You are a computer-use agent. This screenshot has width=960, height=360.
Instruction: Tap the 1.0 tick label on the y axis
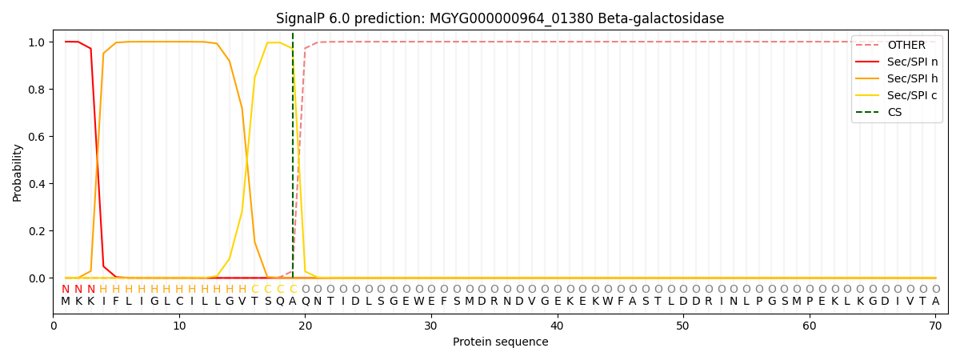[x=37, y=42]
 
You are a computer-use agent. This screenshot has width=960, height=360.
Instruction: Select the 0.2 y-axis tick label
[x=37, y=231]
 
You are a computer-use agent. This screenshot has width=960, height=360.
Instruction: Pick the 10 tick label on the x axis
[x=179, y=326]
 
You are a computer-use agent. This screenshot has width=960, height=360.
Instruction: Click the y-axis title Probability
[x=17, y=173]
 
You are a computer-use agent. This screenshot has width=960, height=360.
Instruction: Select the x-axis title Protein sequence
[x=501, y=342]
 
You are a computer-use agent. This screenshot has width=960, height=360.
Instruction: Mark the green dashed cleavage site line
[x=293, y=155]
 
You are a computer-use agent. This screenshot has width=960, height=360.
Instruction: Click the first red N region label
[x=65, y=290]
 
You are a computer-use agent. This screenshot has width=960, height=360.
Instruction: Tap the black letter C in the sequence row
[x=179, y=302]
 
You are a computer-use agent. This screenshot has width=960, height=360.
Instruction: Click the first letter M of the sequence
[x=65, y=302]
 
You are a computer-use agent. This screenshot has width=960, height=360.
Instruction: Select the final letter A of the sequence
[x=935, y=302]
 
